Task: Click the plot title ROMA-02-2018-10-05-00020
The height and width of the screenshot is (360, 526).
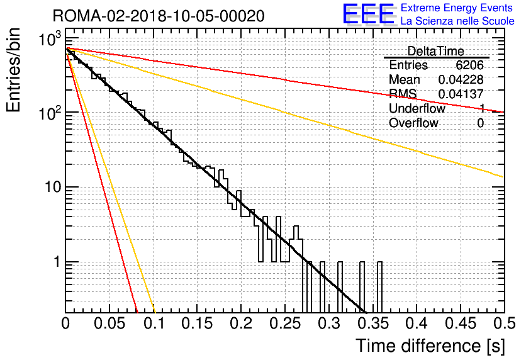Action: click(159, 16)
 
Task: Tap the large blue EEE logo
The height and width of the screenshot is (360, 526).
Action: click(369, 14)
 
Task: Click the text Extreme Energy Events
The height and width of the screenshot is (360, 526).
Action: click(457, 8)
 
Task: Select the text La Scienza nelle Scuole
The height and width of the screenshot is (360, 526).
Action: click(457, 21)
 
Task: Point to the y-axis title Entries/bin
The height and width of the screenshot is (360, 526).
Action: click(13, 70)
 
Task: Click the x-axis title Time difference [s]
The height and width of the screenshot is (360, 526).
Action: click(430, 346)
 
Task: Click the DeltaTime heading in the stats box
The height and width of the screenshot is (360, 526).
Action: click(436, 51)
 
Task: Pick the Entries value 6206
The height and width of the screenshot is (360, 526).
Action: click(469, 65)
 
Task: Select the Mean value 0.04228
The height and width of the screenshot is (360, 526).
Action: click(461, 79)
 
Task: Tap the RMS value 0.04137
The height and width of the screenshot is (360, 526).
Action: click(461, 94)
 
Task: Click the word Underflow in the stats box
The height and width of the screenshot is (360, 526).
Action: click(417, 108)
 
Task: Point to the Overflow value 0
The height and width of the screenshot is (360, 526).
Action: click(480, 123)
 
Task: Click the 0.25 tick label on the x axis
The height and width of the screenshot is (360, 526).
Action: click(285, 323)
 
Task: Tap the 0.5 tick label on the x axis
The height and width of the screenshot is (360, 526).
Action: click(504, 323)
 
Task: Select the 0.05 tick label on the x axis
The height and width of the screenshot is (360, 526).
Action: click(109, 323)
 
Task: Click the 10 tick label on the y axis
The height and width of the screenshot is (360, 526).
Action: click(53, 187)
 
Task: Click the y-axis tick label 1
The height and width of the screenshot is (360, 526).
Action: click(57, 262)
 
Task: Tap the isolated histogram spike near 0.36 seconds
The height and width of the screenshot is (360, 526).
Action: click(380, 287)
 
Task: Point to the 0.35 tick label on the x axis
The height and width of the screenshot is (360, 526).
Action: click(373, 323)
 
